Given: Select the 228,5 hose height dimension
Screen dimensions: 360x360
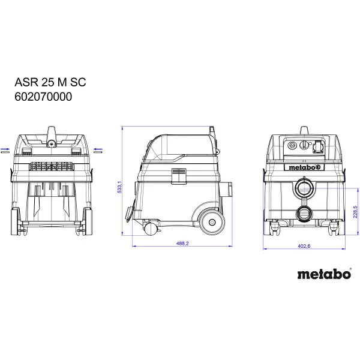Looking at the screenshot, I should tap(355, 214).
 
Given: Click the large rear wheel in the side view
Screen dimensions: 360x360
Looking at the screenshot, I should tap(211, 221).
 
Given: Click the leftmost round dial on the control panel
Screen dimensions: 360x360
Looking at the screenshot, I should tap(292, 145).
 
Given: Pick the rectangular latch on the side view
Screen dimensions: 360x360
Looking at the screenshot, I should tap(179, 175).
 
